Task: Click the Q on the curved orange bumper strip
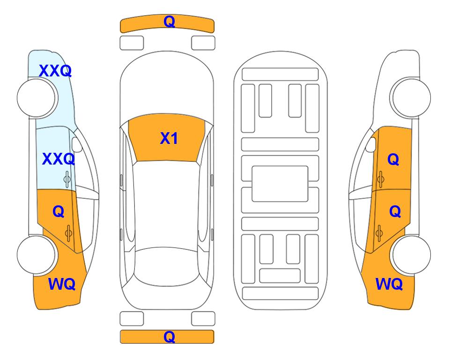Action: coord(169,22)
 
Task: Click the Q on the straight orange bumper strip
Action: coord(169,337)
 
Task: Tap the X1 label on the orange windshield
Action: coord(169,138)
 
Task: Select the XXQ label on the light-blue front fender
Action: coord(55,71)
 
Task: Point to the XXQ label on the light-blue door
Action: coord(59,159)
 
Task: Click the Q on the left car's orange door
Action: coord(59,212)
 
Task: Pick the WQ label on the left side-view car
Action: coord(62,284)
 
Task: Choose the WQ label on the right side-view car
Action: coord(389,284)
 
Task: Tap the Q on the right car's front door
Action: coord(393,159)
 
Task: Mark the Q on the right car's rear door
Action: coord(395,212)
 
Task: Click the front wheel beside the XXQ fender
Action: coord(37,98)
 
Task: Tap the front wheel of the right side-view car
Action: coord(410,97)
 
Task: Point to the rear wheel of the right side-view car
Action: coord(410,255)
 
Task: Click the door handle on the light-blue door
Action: coord(67,179)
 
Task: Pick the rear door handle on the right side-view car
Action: coord(379,233)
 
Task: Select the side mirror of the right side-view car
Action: coord(370,144)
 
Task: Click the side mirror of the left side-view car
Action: coord(77,144)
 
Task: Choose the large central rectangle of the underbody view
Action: coord(280,184)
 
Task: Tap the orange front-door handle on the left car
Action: coord(69,233)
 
